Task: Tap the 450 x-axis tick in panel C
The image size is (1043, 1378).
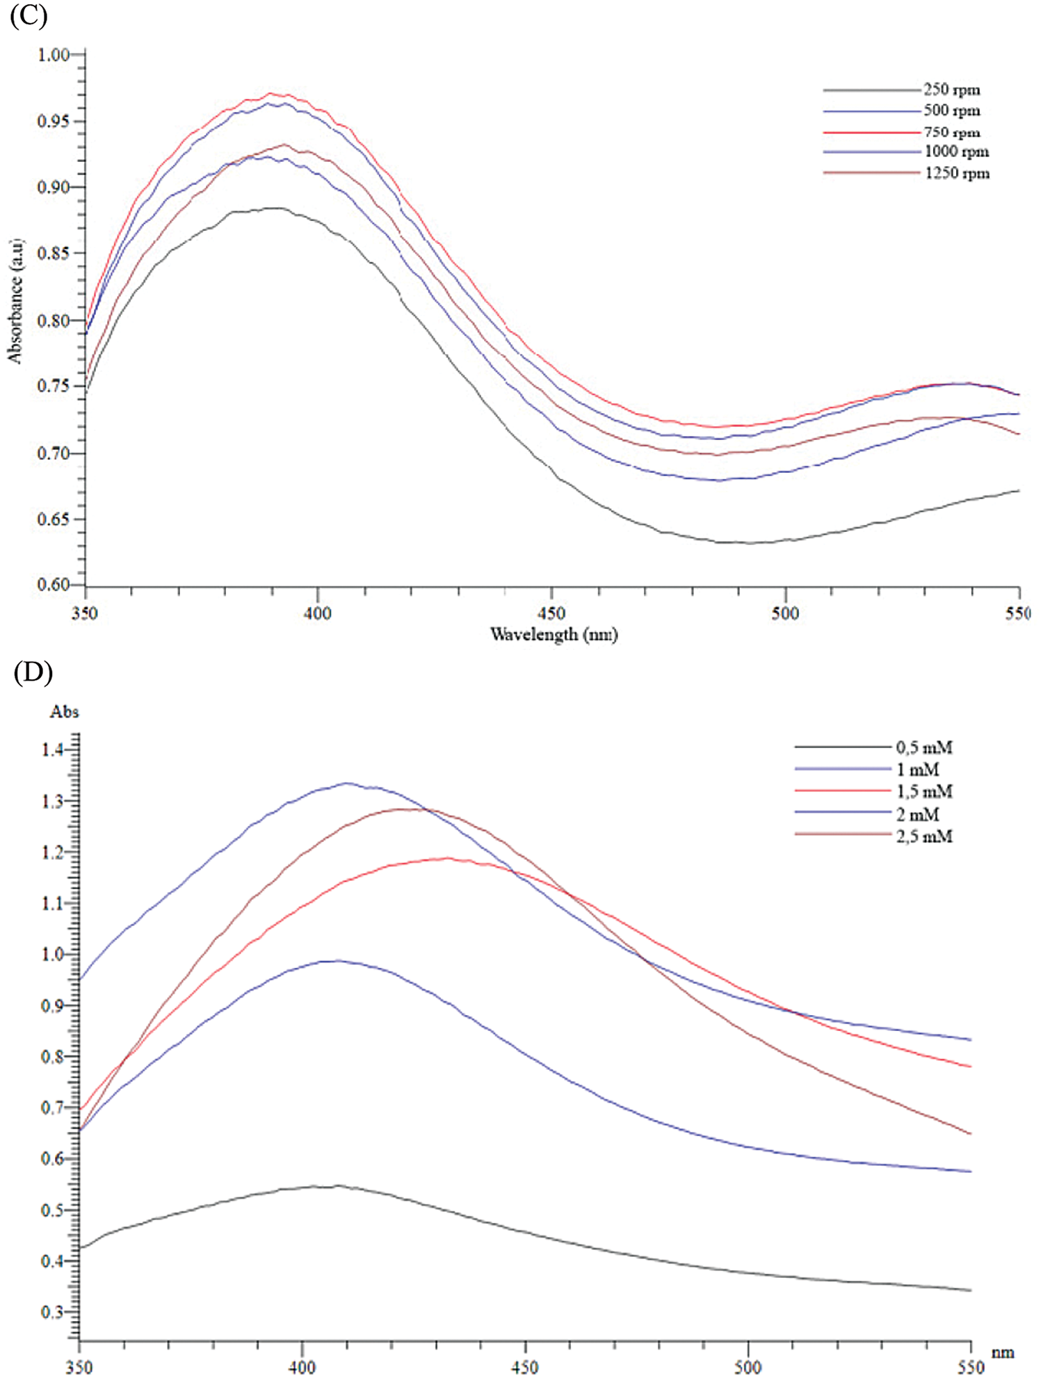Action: pyautogui.click(x=551, y=613)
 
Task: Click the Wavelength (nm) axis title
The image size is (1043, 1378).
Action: pyautogui.click(x=553, y=634)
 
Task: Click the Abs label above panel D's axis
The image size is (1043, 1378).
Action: pyautogui.click(x=64, y=711)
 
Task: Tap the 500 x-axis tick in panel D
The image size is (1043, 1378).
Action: pyautogui.click(x=748, y=1367)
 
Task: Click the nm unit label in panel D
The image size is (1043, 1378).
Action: pyautogui.click(x=1004, y=1352)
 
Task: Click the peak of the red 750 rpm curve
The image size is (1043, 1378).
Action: pyautogui.click(x=271, y=93)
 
